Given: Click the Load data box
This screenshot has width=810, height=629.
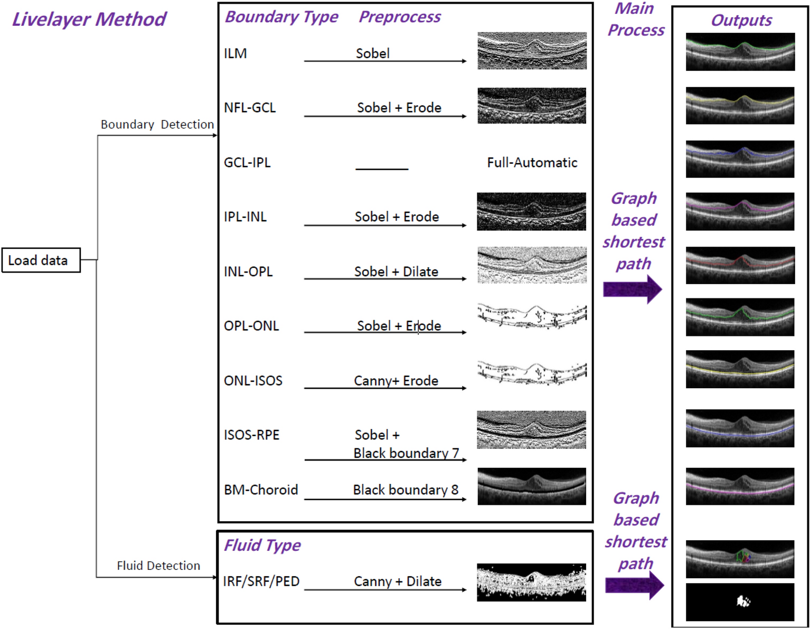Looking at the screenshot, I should pyautogui.click(x=41, y=260).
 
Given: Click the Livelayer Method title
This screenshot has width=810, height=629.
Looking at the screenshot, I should pyautogui.click(x=89, y=20).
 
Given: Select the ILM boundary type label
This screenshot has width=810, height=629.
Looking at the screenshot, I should pyautogui.click(x=235, y=53).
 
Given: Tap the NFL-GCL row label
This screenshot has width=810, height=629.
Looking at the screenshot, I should pyautogui.click(x=250, y=108).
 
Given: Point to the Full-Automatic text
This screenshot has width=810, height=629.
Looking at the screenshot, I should pyautogui.click(x=532, y=163).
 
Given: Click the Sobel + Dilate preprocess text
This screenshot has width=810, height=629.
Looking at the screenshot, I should pyautogui.click(x=396, y=271).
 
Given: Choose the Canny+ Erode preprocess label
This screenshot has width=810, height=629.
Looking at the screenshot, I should pyautogui.click(x=396, y=381).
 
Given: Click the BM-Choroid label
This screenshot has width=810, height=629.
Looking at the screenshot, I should pyautogui.click(x=261, y=490).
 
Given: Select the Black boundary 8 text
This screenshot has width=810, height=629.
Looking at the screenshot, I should pyautogui.click(x=406, y=490).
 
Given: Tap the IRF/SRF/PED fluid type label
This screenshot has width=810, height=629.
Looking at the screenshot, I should pyautogui.click(x=261, y=581).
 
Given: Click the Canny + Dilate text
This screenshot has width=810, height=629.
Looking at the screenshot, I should pyautogui.click(x=398, y=581).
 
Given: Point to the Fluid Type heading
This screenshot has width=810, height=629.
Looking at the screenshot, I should pyautogui.click(x=262, y=545).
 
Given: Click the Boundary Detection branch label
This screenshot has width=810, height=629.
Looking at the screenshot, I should pyautogui.click(x=157, y=125).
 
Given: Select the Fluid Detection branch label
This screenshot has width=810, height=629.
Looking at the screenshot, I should pyautogui.click(x=158, y=566).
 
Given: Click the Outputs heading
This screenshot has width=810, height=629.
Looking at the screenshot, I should pyautogui.click(x=741, y=21).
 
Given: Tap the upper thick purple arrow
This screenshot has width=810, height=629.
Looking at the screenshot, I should pyautogui.click(x=632, y=289).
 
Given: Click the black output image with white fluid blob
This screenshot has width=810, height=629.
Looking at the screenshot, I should pyautogui.click(x=740, y=602).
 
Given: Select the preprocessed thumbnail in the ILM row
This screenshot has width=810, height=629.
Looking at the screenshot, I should pyautogui.click(x=532, y=51).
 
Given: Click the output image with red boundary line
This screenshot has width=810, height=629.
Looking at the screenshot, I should pyautogui.click(x=740, y=265).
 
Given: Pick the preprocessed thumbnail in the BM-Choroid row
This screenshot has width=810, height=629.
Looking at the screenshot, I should pyautogui.click(x=532, y=486).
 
